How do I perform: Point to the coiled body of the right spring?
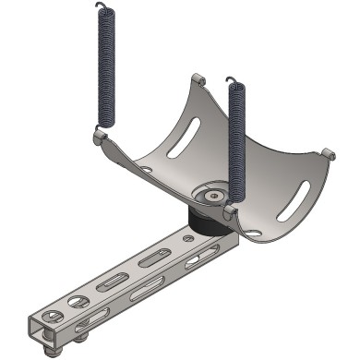tap(236, 148)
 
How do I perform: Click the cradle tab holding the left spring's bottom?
tap(101, 138)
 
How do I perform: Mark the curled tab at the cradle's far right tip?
tap(326, 152)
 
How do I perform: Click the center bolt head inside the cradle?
tap(213, 196)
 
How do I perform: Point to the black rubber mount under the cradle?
tap(205, 222)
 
